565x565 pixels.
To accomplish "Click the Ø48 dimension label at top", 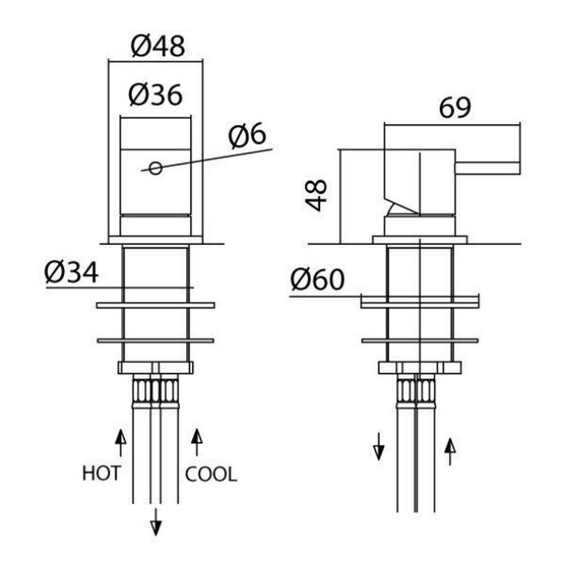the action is pyautogui.click(x=157, y=46).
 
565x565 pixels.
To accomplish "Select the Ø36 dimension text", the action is pyautogui.click(x=155, y=95).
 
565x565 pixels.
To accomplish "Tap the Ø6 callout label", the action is pyautogui.click(x=248, y=136).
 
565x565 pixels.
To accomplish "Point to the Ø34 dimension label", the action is pyautogui.click(x=71, y=273).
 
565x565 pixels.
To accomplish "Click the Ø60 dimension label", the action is pyautogui.click(x=317, y=279).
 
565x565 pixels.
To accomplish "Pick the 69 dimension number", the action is pyautogui.click(x=455, y=107).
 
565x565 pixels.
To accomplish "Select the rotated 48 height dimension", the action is pyautogui.click(x=316, y=195).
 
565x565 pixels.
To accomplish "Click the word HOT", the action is pyautogui.click(x=101, y=473).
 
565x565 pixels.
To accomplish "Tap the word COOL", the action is pyautogui.click(x=210, y=474).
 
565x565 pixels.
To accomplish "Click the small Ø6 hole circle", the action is pyautogui.click(x=155, y=168).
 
